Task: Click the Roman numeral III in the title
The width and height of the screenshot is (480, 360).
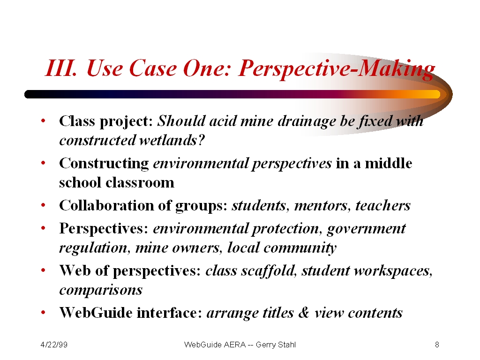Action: tap(60, 67)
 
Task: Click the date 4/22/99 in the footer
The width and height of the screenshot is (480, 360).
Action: tap(54, 345)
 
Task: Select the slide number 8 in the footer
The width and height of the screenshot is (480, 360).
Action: tap(437, 345)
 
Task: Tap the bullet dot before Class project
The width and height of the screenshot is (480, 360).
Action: tap(43, 120)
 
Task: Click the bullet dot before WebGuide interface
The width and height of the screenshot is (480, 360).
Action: tap(43, 313)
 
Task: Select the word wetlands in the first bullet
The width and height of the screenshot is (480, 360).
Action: tap(172, 140)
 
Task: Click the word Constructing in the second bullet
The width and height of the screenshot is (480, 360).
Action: tap(104, 164)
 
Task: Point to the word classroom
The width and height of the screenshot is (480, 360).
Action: tap(140, 182)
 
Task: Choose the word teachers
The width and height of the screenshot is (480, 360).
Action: tap(383, 205)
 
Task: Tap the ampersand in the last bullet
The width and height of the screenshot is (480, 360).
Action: tap(303, 313)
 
